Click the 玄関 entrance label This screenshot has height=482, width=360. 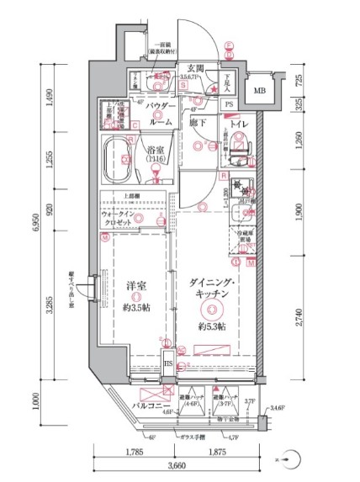point(196,68)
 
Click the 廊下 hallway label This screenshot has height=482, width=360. point(196,123)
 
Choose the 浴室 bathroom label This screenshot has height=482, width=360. point(155,150)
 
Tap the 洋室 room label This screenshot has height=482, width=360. point(135,286)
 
